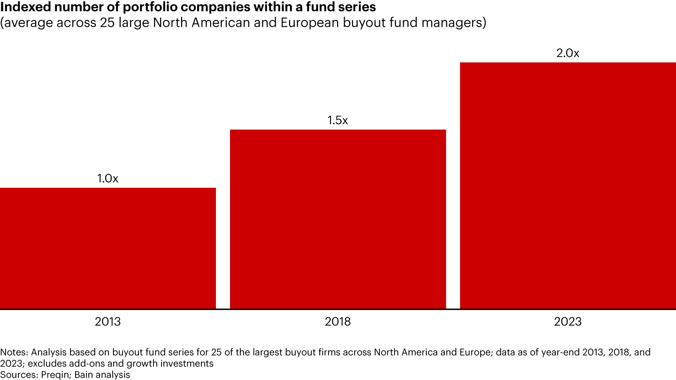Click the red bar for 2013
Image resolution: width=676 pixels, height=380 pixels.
(108, 248)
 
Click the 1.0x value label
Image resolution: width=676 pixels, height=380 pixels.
(108, 179)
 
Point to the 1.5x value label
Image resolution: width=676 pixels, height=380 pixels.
(338, 121)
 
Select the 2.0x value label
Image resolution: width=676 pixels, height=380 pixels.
(568, 53)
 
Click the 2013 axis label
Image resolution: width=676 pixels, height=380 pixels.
(108, 322)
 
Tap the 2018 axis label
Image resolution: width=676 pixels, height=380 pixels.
(338, 322)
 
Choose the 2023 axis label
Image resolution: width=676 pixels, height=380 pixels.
(568, 322)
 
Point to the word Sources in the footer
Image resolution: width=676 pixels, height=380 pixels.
(17, 374)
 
